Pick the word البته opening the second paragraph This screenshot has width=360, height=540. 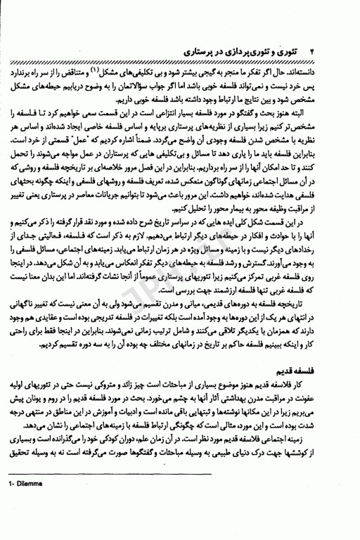click(328, 115)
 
